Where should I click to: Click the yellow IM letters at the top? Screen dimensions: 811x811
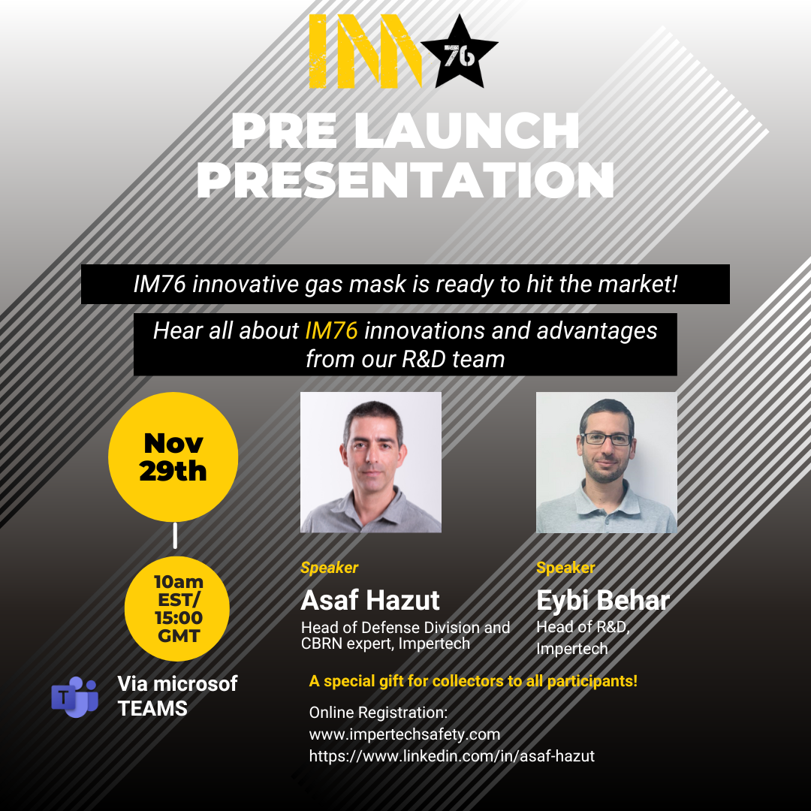(x=363, y=51)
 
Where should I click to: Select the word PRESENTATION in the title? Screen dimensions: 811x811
(x=405, y=181)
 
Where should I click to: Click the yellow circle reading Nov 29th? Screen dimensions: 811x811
(x=173, y=457)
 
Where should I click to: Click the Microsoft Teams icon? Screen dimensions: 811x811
(x=74, y=696)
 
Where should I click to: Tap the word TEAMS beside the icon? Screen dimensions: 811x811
(x=152, y=708)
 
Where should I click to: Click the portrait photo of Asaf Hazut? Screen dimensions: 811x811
(x=371, y=462)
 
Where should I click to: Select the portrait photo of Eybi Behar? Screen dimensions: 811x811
(x=606, y=462)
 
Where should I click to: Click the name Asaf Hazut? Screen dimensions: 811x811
(x=370, y=601)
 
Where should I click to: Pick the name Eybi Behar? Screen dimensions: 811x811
(x=603, y=601)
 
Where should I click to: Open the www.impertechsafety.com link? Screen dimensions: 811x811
(x=404, y=734)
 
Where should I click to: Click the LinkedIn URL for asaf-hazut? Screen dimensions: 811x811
(x=451, y=756)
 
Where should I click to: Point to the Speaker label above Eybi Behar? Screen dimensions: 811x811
(x=565, y=568)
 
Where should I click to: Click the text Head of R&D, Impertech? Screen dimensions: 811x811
(x=582, y=638)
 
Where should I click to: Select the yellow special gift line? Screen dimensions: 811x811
(x=473, y=682)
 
